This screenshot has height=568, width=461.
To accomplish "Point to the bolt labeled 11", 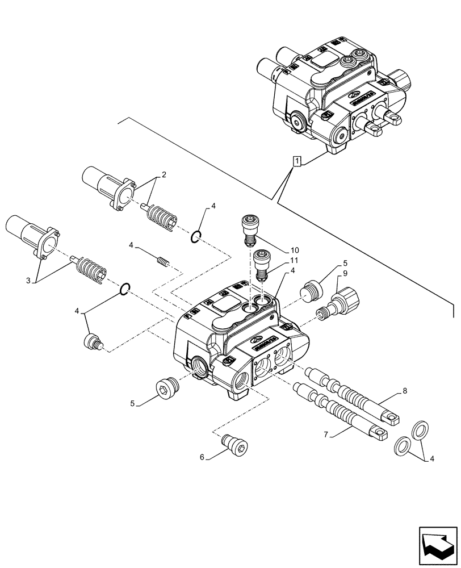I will pos(261,264).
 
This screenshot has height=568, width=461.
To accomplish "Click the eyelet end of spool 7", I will pos(376,434).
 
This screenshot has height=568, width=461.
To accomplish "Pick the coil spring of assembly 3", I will pos(91,268).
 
